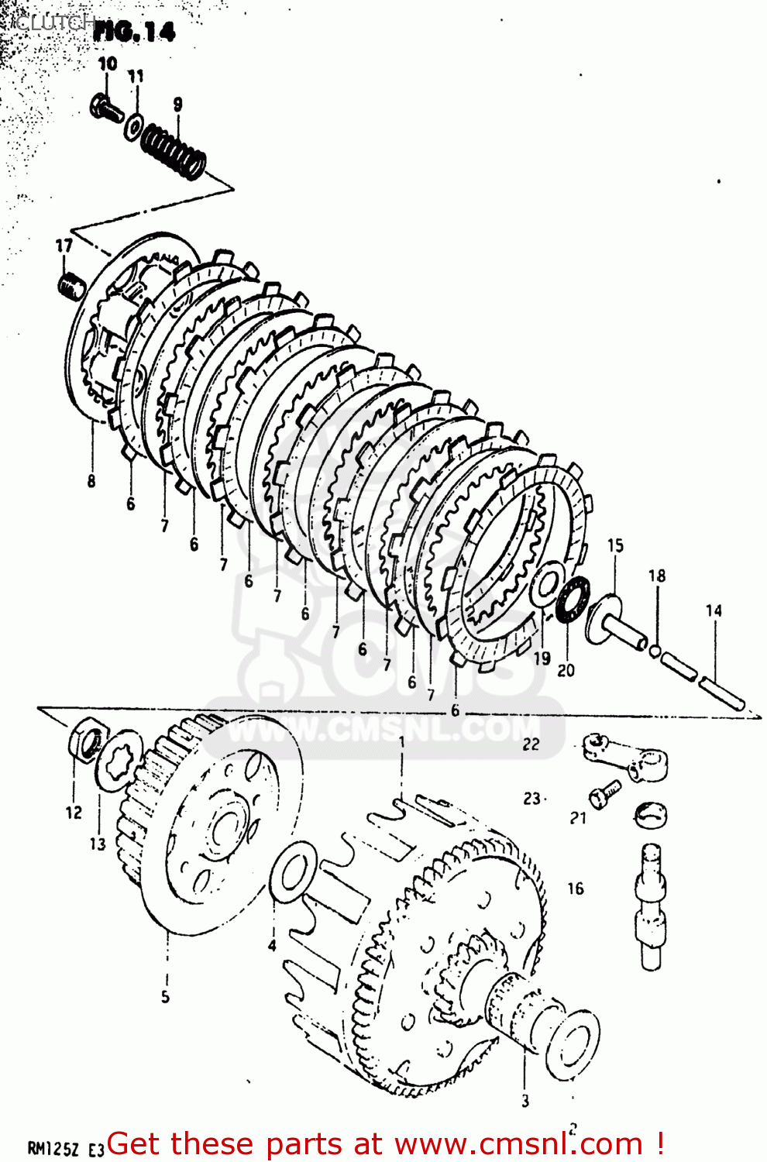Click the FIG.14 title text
134,32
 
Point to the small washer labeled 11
134,125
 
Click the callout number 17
64,246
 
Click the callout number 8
91,481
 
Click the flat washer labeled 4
292,872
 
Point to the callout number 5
165,996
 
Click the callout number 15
615,545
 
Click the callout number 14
714,610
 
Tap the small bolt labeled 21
604,793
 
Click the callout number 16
575,889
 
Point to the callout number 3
525,1101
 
